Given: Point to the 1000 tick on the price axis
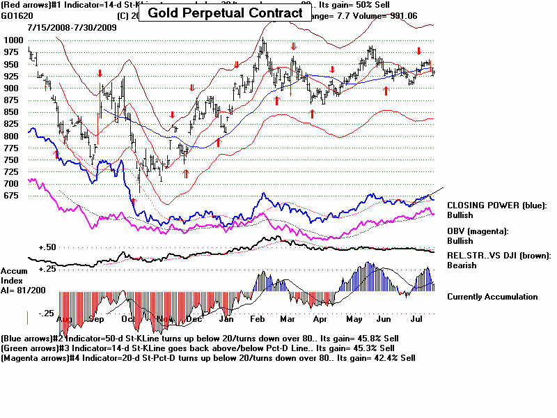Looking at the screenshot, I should [x=13, y=40].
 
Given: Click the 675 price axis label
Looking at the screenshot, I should [x=13, y=196].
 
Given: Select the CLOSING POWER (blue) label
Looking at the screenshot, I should [x=497, y=206].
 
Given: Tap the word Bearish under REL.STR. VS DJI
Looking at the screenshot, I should [x=462, y=265].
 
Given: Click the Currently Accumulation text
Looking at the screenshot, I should [x=492, y=297].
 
